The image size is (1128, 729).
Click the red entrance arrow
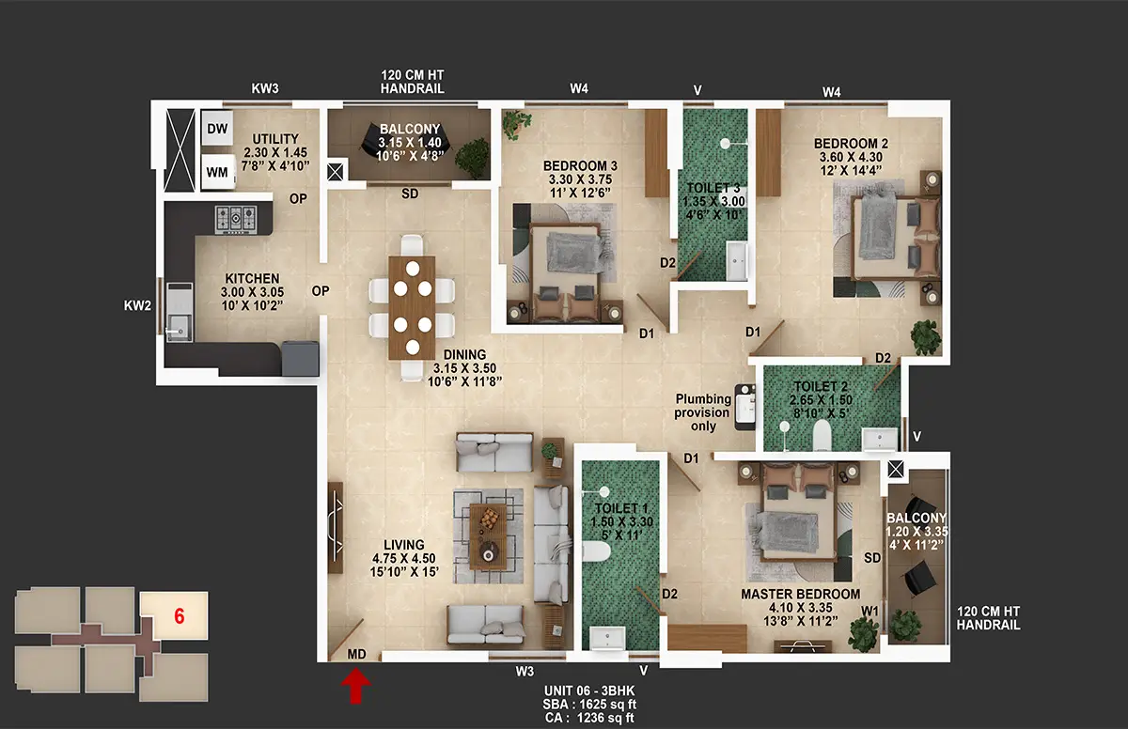point(356,685)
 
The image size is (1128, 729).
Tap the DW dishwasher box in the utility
point(217,129)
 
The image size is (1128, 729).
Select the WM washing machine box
point(217,172)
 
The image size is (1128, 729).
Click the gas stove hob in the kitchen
point(236,219)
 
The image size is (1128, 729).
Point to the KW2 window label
point(137,305)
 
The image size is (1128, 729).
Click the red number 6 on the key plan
point(180,616)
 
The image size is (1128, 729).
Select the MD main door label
point(356,654)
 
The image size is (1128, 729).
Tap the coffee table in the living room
point(488,536)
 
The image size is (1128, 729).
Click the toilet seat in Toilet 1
point(597,551)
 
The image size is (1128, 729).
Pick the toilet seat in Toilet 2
point(822,435)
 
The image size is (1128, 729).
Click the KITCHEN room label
point(252,278)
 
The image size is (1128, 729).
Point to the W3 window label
point(525,672)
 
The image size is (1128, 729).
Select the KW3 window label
point(265,88)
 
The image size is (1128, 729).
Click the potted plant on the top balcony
point(472,159)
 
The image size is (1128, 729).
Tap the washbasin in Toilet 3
point(736,260)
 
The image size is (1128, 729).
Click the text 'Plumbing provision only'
point(703,412)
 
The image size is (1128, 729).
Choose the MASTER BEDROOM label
point(800,594)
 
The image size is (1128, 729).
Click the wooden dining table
point(412,308)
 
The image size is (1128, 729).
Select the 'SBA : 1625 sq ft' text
point(589,705)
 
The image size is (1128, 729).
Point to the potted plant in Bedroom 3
point(517,124)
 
